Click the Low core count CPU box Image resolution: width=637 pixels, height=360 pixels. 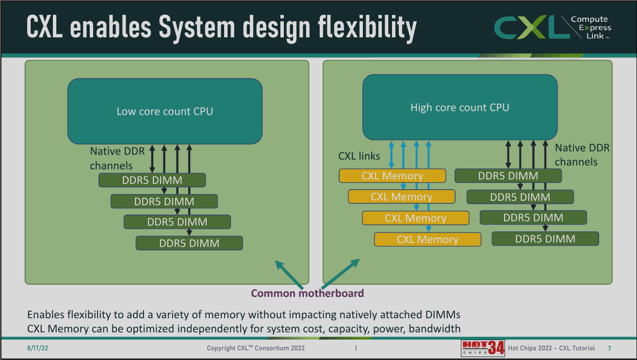coord(165,111)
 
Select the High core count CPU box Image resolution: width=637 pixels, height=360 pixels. coord(460,107)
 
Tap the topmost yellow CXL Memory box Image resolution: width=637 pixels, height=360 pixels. coord(392,176)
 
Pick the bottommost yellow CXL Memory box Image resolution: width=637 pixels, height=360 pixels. coord(428,239)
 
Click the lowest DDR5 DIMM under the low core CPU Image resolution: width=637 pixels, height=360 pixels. coord(189,243)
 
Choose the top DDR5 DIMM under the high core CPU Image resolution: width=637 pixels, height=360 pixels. coord(508,176)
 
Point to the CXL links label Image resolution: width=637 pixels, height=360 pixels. coord(359,156)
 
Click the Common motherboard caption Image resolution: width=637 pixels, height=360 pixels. coord(308,293)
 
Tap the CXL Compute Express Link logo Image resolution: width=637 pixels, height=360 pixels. coord(553,27)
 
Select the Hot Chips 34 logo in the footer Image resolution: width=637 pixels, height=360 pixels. coord(483,348)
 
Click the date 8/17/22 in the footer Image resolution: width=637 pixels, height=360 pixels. coord(37,348)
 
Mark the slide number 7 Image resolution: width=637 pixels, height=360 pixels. coord(609,348)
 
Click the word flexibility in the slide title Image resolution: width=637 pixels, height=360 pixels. coord(367,28)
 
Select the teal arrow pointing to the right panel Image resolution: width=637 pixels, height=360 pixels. coord(341,274)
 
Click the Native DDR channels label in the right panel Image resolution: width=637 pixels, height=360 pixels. coord(582,155)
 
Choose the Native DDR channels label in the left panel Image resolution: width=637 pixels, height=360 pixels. coord(117,158)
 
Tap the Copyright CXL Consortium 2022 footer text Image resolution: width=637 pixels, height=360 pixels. coord(256,348)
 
